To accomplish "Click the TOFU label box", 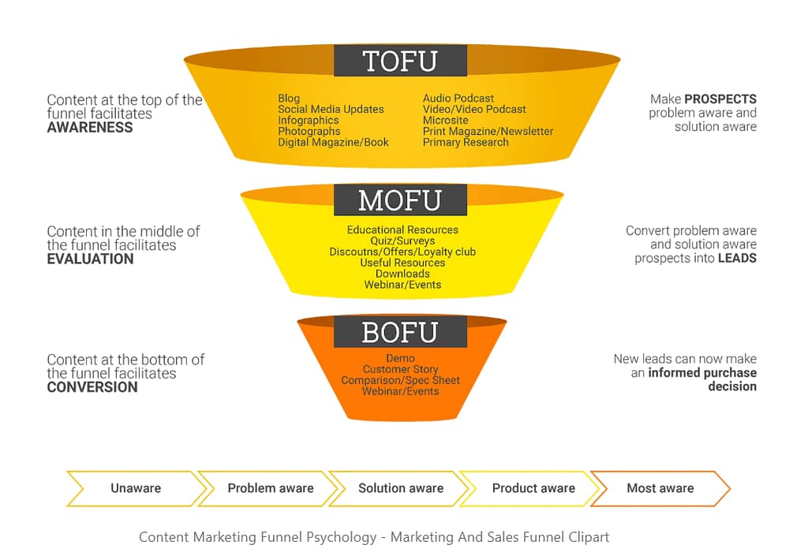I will [400, 61].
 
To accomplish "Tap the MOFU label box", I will [400, 200].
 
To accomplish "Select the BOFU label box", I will [400, 332].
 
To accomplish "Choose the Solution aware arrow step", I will [401, 488].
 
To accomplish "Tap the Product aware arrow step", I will [533, 488].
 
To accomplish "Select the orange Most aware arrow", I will [660, 488].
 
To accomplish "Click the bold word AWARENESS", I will [90, 128].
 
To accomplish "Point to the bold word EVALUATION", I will [90, 259].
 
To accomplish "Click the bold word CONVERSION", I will [92, 387].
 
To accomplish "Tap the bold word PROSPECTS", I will [720, 99].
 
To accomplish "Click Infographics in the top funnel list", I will [309, 121].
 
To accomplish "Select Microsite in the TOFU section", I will [446, 121].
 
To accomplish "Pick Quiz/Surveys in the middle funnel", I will [402, 241].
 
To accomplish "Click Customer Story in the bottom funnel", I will [401, 369].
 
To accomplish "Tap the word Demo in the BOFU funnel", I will [401, 359].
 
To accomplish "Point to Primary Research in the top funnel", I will [466, 143].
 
